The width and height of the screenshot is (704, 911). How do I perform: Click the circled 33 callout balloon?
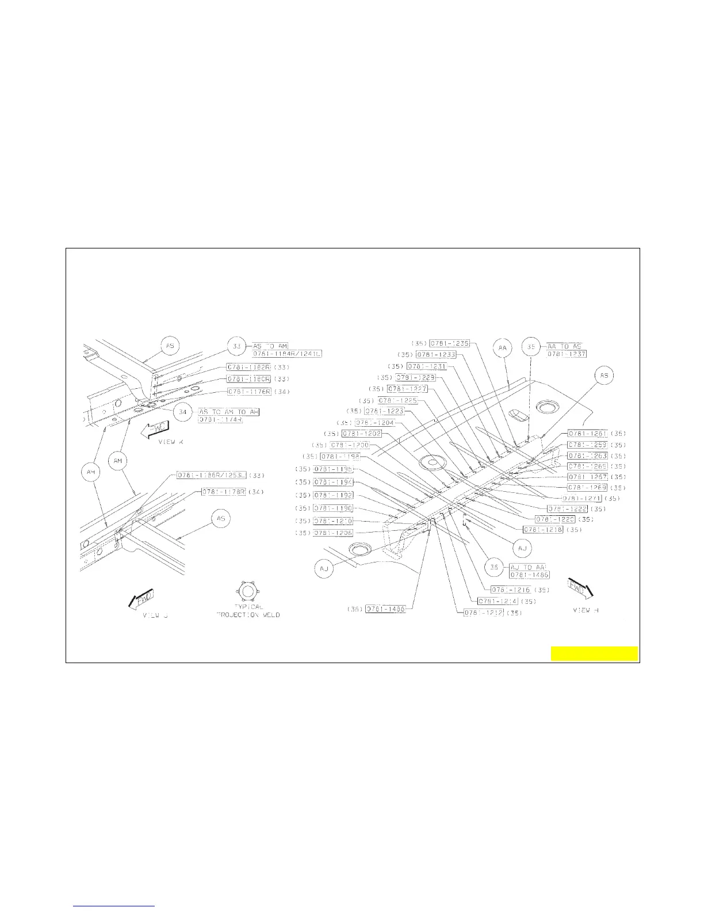236,347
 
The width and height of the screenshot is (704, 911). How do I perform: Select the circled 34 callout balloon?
183,412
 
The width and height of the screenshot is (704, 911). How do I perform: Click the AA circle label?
503,348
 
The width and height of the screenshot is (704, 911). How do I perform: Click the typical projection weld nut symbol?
247,590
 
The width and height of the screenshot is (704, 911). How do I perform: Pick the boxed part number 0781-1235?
450,343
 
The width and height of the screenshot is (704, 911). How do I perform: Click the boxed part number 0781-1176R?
248,392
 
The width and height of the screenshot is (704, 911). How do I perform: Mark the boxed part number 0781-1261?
588,434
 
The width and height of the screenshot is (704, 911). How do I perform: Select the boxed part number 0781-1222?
567,509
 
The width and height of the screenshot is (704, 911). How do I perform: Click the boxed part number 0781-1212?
484,613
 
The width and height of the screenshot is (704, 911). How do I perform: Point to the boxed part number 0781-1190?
333,508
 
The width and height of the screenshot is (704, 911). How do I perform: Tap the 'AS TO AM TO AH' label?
228,412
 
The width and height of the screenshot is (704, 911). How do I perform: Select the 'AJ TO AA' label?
527,567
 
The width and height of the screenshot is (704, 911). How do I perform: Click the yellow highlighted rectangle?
594,653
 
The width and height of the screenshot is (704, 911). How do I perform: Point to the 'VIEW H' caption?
586,610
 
